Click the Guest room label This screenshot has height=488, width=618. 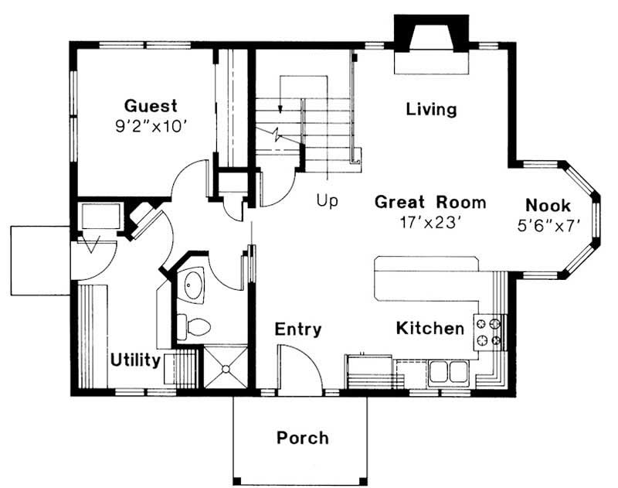click(x=151, y=106)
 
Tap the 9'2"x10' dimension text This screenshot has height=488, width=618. click(x=151, y=126)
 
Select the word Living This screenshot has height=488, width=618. click(x=431, y=109)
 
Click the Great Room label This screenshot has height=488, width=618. click(x=430, y=202)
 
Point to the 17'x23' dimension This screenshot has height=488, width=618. click(x=430, y=223)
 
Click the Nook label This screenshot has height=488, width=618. click(x=548, y=205)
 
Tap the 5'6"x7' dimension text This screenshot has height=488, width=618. click(x=548, y=226)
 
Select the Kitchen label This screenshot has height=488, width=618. click(x=430, y=328)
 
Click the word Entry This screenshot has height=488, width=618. click(x=298, y=329)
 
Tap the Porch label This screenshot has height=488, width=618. click(x=302, y=438)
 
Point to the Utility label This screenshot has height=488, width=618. click(x=135, y=360)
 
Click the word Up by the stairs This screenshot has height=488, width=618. click(x=327, y=201)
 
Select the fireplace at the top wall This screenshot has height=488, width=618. click(x=432, y=44)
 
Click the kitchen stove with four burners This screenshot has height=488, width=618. click(x=489, y=332)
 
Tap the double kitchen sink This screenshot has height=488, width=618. click(x=448, y=371)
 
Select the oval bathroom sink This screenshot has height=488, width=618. click(x=194, y=285)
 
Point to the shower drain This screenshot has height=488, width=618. click(x=226, y=369)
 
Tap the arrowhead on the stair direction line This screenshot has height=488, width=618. click(x=280, y=109)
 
